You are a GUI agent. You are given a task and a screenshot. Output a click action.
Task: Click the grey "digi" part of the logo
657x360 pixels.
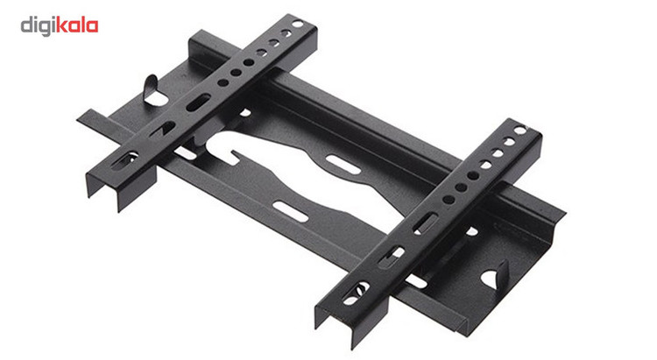tap(39, 26)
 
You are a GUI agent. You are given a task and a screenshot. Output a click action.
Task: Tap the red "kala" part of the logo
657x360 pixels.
tap(77, 25)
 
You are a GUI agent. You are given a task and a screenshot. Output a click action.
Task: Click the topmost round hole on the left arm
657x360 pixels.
tap(298, 24)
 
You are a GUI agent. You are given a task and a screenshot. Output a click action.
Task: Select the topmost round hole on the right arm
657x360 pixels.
tap(520, 131)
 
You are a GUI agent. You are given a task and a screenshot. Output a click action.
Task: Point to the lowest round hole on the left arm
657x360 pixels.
tap(223, 82)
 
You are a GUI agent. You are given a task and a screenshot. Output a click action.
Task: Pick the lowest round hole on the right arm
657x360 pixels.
tap(449, 200)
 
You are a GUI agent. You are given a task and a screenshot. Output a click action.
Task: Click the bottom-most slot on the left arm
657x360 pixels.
tap(125, 160)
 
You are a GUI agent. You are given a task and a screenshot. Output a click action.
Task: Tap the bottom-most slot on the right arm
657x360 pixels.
tap(357, 293)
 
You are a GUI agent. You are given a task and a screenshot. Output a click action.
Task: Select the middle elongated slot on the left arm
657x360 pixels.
tap(164, 129)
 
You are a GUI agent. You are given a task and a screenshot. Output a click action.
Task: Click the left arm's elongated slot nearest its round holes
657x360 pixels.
tap(198, 102)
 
